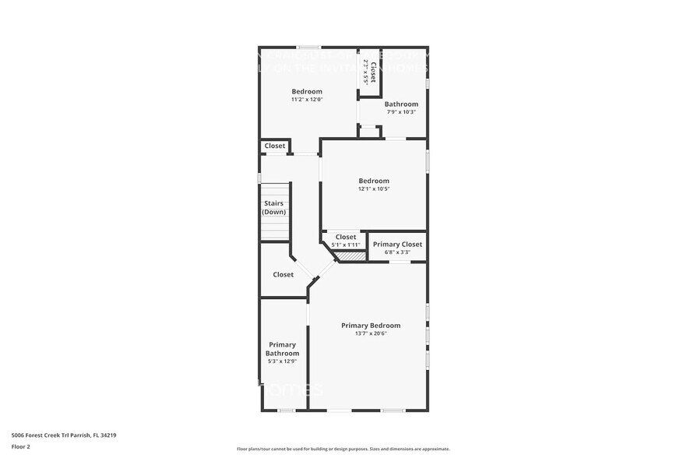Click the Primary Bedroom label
pos(371,326)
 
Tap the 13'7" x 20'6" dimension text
pos(371,334)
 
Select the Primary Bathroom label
pos(282,349)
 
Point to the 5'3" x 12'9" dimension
pos(282,361)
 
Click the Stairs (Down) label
pos(273,208)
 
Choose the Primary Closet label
pos(397,245)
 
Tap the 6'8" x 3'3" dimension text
pos(397,252)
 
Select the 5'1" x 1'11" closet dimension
pos(346,245)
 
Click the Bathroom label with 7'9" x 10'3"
pos(401,104)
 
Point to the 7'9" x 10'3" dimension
pos(401,112)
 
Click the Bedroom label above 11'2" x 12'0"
pos(307,92)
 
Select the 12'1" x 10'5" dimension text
pos(374,189)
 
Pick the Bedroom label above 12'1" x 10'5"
pos(374,181)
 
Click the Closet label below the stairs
pos(284,275)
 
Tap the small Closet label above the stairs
pos(275,146)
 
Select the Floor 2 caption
pos(21,446)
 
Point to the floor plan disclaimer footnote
pos(343,449)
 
